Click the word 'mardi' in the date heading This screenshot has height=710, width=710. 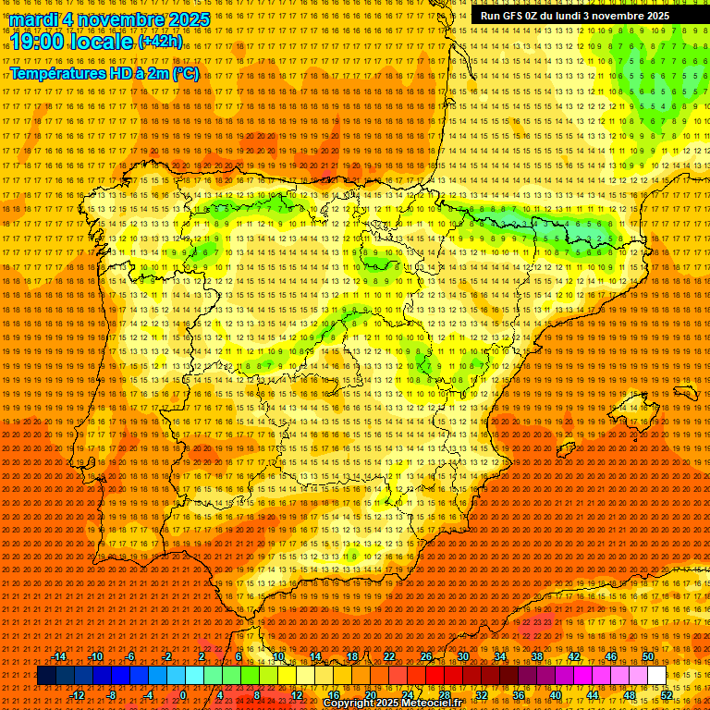33,19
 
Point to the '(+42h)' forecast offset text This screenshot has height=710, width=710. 160,42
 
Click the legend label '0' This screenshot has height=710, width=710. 183,695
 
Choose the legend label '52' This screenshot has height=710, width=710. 667,695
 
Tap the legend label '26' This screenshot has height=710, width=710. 426,656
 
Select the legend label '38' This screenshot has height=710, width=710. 536,656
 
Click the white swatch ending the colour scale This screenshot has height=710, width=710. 656,676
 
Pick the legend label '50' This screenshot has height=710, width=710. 648,656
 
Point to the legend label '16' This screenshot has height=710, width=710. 334,695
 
